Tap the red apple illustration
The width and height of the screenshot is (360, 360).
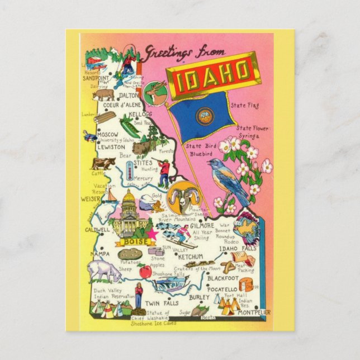point(145,272)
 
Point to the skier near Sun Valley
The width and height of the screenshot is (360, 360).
point(186,239)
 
